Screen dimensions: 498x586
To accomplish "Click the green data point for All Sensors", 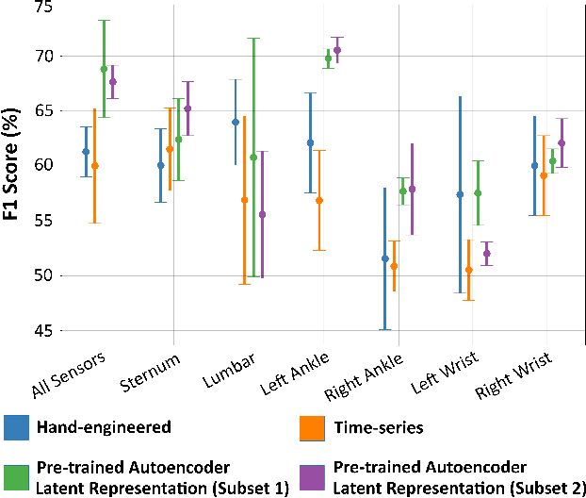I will [104, 69].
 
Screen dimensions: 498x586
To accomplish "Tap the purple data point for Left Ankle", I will [337, 50].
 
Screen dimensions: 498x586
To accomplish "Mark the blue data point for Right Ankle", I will [384, 258].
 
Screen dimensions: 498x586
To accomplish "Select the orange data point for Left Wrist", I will [468, 270].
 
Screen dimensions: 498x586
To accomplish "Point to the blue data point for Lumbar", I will [236, 122].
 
